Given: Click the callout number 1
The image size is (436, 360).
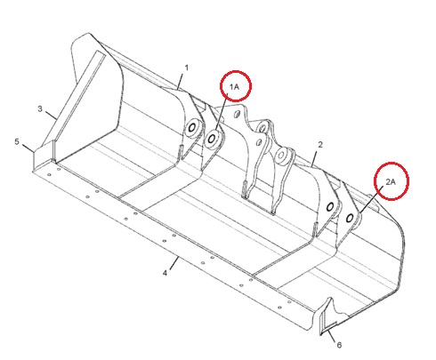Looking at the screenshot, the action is coord(187,68).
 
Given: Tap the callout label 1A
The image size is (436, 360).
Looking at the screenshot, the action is coord(234,87).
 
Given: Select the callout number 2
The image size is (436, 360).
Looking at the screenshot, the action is coord(320,145).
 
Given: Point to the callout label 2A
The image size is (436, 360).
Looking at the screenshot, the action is coord(391,181).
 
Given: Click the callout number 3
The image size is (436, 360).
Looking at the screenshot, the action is coord(40,109).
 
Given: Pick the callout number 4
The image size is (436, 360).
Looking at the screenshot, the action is coord(165,273).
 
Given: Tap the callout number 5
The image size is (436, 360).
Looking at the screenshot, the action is coord(17,141).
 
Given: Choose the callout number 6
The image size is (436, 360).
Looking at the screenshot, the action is coord(339,345).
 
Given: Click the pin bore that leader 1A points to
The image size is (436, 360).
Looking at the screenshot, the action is coord(212,138).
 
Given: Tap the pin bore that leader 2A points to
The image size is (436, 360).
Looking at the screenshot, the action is coord(350,219).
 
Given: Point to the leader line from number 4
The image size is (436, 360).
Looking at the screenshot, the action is coord(174,263).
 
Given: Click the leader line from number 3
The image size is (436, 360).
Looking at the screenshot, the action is coord(51,115).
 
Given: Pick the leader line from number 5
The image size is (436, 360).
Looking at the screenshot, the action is coord(28,148).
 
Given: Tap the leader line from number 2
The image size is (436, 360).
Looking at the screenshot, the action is coord(315,158).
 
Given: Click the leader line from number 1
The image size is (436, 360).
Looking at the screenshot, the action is coord(181,81).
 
